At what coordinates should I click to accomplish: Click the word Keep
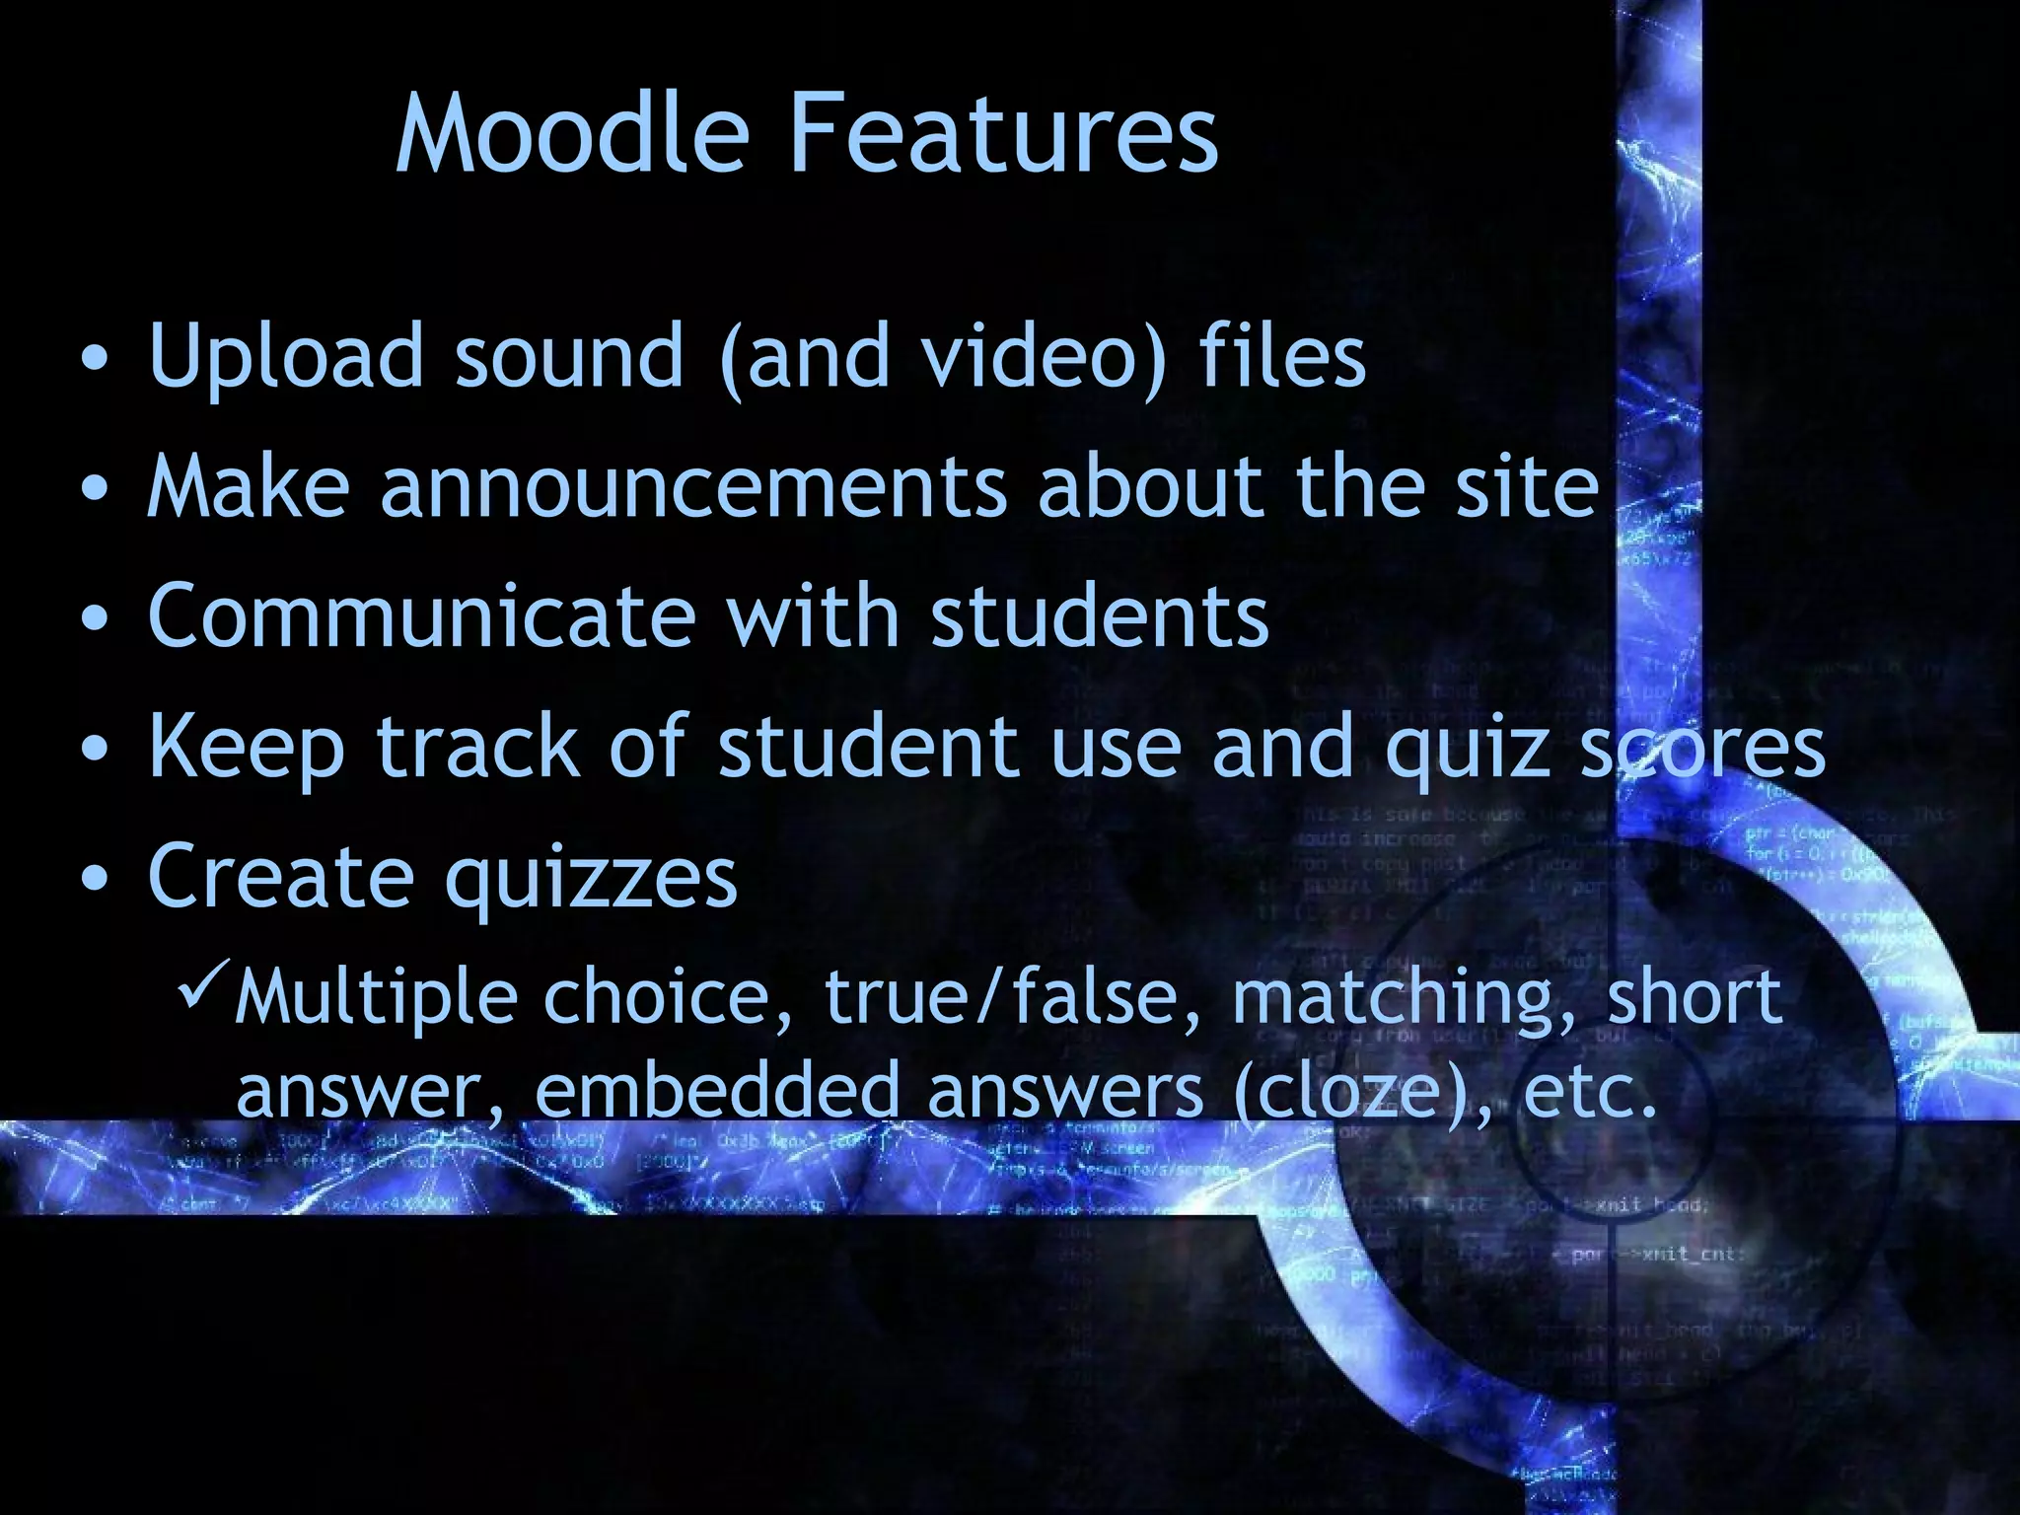247,748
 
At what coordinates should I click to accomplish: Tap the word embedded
717,1090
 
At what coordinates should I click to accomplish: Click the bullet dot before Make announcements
96,489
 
